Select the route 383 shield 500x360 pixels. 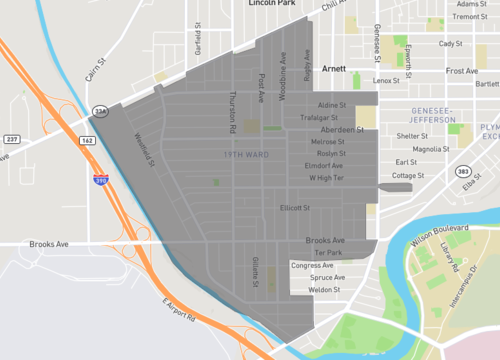[463, 172]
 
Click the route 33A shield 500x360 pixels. [99, 111]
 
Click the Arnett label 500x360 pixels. [334, 69]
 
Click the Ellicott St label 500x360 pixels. [295, 208]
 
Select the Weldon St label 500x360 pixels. [326, 289]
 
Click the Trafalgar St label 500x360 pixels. [320, 117]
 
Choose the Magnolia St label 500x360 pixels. [431, 149]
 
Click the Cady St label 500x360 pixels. [450, 44]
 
